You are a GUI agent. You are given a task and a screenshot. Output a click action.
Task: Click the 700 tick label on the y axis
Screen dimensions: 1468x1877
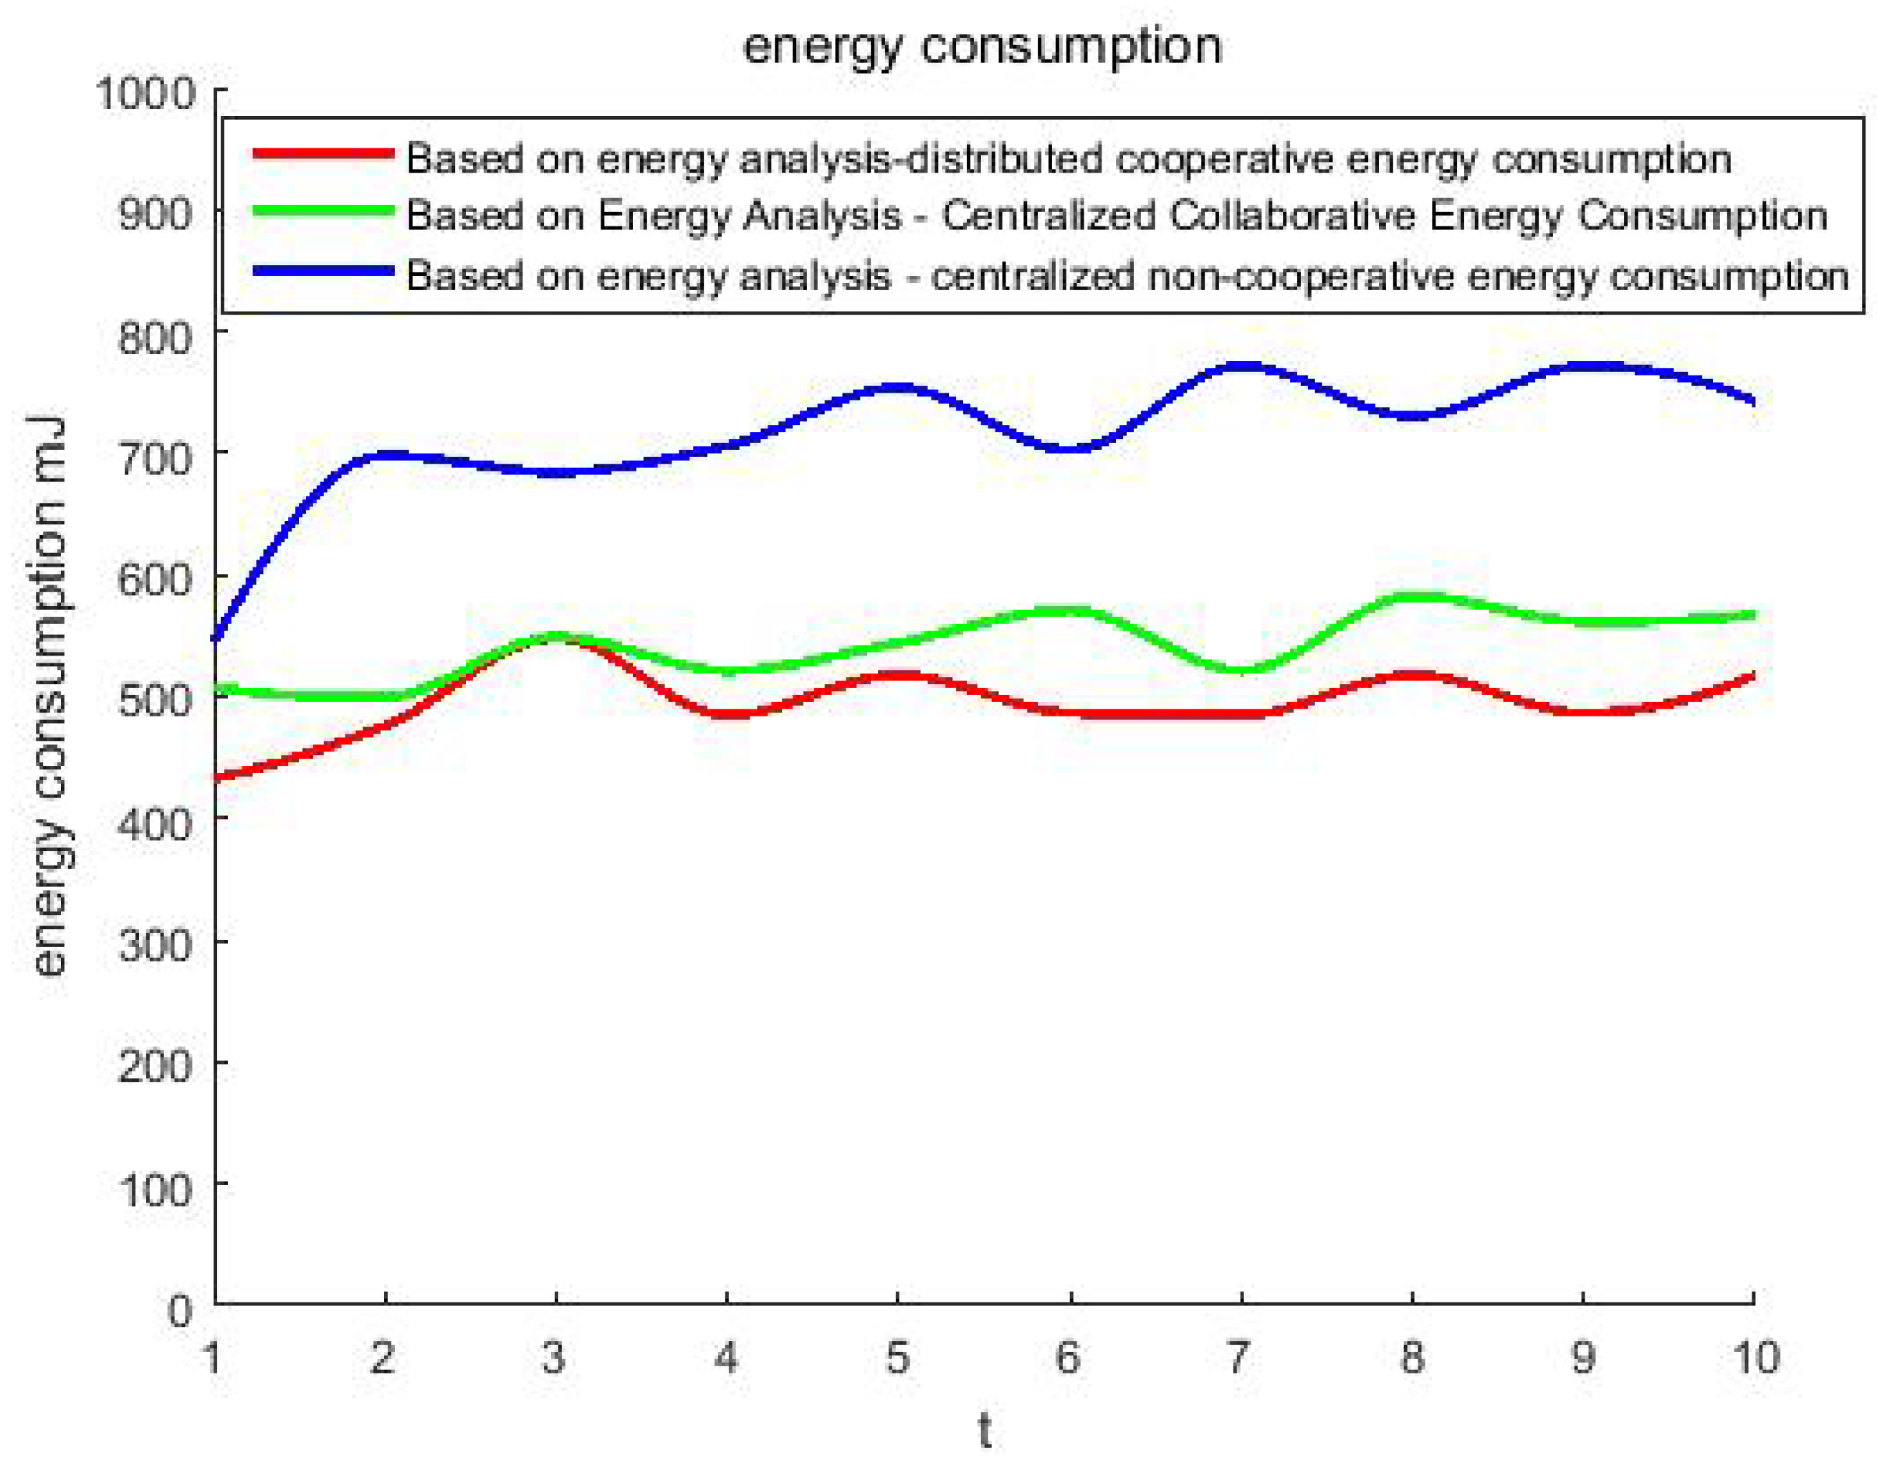155,456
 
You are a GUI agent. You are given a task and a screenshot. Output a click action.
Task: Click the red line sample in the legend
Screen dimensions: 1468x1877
323,155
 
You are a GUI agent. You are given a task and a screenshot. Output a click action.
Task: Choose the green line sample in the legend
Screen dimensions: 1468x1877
323,211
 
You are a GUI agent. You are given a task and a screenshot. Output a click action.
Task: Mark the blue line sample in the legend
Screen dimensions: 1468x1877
323,271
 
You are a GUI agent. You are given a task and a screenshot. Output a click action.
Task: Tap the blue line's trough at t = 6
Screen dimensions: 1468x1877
1071,448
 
